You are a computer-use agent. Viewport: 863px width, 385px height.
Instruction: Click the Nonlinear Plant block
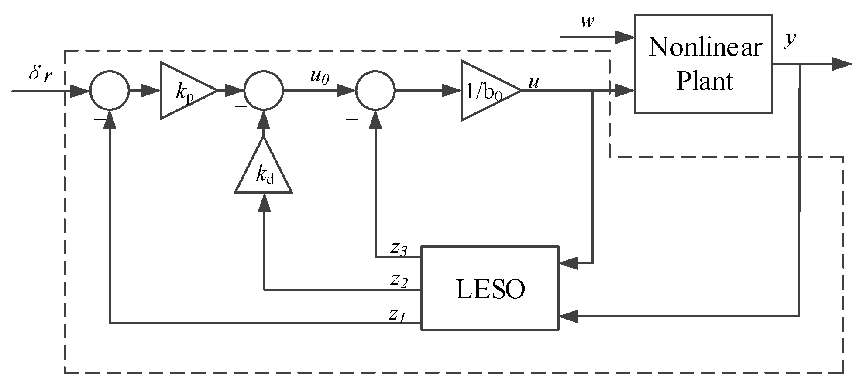[703, 64]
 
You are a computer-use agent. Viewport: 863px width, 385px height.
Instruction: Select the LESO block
[489, 288]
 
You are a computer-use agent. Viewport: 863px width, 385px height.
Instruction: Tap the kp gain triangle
[185, 90]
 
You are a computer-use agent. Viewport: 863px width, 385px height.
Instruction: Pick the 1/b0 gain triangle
[487, 91]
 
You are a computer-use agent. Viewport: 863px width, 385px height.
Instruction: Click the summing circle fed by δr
[110, 91]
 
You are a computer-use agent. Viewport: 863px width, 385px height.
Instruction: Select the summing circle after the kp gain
[263, 91]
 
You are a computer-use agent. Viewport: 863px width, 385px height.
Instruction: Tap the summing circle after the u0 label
[375, 91]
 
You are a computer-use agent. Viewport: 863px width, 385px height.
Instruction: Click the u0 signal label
[319, 77]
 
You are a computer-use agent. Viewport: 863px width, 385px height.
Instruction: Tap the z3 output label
[399, 248]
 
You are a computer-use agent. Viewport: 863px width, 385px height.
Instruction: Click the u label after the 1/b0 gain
[533, 82]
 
